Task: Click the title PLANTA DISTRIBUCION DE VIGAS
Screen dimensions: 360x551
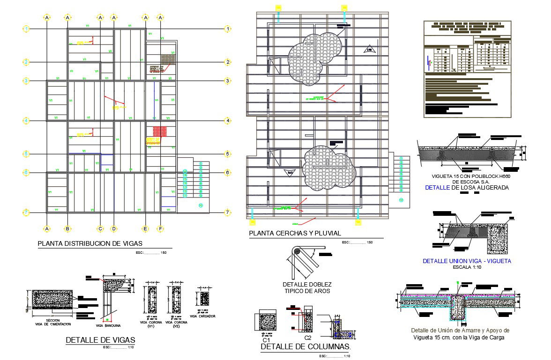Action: pos(90,243)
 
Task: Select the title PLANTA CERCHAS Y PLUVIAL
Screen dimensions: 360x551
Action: pos(295,233)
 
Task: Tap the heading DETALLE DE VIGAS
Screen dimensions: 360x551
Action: pos(100,340)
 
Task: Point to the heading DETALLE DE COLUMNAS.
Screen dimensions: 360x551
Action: pos(305,347)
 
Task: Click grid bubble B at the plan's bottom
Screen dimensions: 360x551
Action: pos(67,228)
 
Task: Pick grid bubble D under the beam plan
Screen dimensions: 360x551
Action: pos(113,228)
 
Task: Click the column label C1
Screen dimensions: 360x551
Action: pos(266,340)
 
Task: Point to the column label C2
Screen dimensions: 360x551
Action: pos(308,338)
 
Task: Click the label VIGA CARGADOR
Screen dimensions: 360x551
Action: pos(203,316)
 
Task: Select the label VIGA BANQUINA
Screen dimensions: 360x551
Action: pos(108,325)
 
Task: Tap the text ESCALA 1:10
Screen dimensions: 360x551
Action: pos(467,267)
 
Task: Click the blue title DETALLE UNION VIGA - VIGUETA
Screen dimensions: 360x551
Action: pos(467,261)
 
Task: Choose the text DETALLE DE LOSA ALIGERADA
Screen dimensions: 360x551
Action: pos(467,188)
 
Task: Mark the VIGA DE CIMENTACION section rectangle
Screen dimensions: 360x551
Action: pos(49,300)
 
